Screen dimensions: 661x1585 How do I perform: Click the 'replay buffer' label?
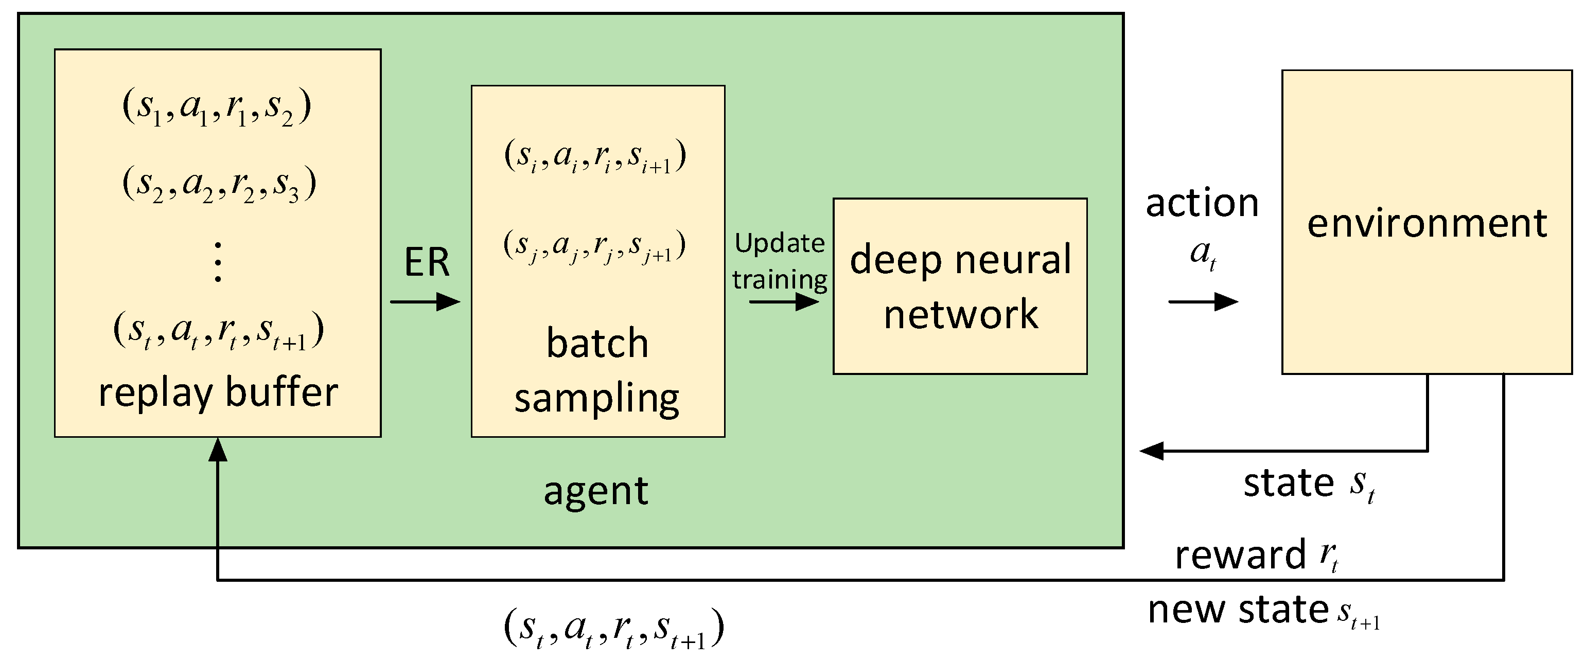218,392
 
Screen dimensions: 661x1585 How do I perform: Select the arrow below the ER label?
425,301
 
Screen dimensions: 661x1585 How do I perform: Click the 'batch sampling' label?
597,370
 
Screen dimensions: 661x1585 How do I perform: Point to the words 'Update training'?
780,261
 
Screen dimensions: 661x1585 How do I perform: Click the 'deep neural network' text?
960,286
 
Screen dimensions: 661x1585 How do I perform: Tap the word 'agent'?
595,491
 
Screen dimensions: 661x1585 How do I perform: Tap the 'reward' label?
1240,555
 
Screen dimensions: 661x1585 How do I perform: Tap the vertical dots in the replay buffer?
218,262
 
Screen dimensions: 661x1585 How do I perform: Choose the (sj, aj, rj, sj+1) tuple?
594,246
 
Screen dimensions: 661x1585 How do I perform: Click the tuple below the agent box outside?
613,629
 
